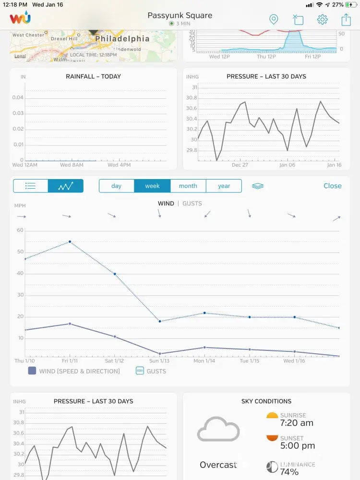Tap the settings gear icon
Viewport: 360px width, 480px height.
pyautogui.click(x=322, y=20)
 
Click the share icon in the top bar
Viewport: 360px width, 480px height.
pyautogui.click(x=346, y=20)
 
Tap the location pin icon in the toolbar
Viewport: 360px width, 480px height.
pyautogui.click(x=274, y=20)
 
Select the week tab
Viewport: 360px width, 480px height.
pyautogui.click(x=152, y=186)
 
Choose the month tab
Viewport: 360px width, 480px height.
pyautogui.click(x=188, y=186)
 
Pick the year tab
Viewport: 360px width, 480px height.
pyautogui.click(x=224, y=186)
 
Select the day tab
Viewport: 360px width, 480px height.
pyautogui.click(x=116, y=186)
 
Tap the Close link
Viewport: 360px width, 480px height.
pyautogui.click(x=332, y=186)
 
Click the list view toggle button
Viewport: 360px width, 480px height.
pyautogui.click(x=31, y=186)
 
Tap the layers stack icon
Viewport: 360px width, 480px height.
pyautogui.click(x=258, y=186)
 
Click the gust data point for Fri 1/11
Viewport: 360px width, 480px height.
pyautogui.click(x=70, y=241)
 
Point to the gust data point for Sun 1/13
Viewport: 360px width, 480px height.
pyautogui.click(x=160, y=321)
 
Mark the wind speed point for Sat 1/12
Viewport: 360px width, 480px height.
pyautogui.click(x=115, y=336)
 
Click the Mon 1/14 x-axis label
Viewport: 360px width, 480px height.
pyautogui.click(x=205, y=361)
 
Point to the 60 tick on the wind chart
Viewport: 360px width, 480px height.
pyautogui.click(x=20, y=230)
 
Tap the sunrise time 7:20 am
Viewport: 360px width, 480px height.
pyautogui.click(x=297, y=423)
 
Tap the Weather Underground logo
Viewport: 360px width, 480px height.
pyautogui.click(x=20, y=19)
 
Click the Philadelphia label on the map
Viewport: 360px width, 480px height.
pyautogui.click(x=116, y=38)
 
